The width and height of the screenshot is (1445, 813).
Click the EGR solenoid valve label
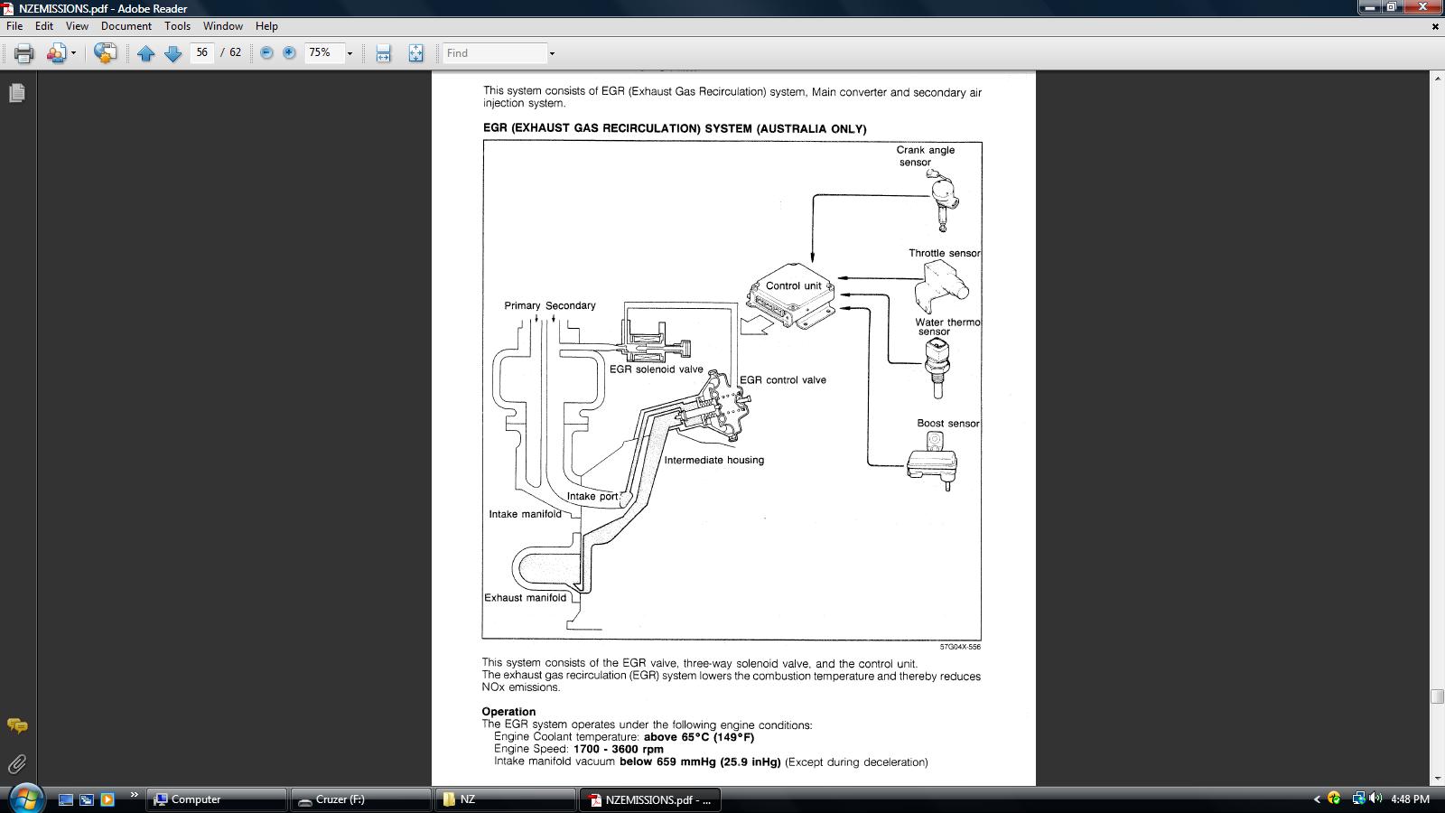[x=656, y=369]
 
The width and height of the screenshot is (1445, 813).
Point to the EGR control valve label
[x=782, y=380]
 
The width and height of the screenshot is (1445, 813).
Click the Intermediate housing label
[x=714, y=460]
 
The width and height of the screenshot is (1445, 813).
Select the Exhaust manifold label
[x=525, y=597]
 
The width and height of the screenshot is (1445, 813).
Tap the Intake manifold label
[x=525, y=514]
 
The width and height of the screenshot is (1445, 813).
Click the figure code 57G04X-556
[x=960, y=647]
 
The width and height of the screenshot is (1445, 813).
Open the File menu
[x=14, y=26]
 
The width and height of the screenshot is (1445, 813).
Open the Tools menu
[x=177, y=26]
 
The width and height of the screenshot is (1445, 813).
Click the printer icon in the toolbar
[x=23, y=53]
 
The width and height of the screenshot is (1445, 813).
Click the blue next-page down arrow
[x=172, y=53]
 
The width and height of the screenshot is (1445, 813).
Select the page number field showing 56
[x=202, y=52]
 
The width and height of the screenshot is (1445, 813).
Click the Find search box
[x=495, y=53]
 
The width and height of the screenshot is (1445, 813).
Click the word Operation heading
[x=508, y=712]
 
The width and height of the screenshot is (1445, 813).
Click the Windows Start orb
[x=25, y=799]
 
